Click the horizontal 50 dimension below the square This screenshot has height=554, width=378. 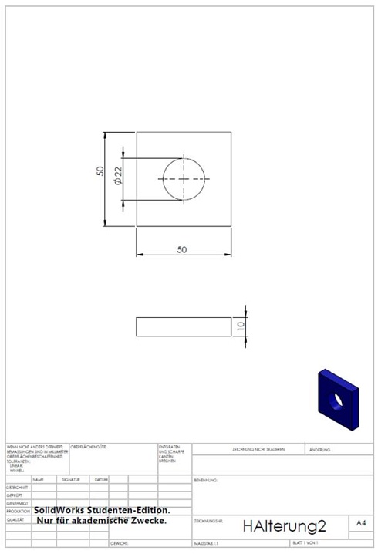point(182,250)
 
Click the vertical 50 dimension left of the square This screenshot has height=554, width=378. point(100,171)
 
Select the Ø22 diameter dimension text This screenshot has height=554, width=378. point(118,177)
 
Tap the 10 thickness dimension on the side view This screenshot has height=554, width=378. point(241,327)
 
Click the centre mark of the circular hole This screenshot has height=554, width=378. point(184,178)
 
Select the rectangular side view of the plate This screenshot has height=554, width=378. point(183,327)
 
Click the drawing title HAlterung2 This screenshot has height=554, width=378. point(284,526)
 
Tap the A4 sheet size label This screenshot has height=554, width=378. point(360,523)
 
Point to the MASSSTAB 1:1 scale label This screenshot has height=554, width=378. point(208,544)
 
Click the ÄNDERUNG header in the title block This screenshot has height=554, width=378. point(320,449)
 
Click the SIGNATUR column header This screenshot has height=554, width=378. point(71,479)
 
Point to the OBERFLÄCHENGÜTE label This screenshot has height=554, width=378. point(89,447)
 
